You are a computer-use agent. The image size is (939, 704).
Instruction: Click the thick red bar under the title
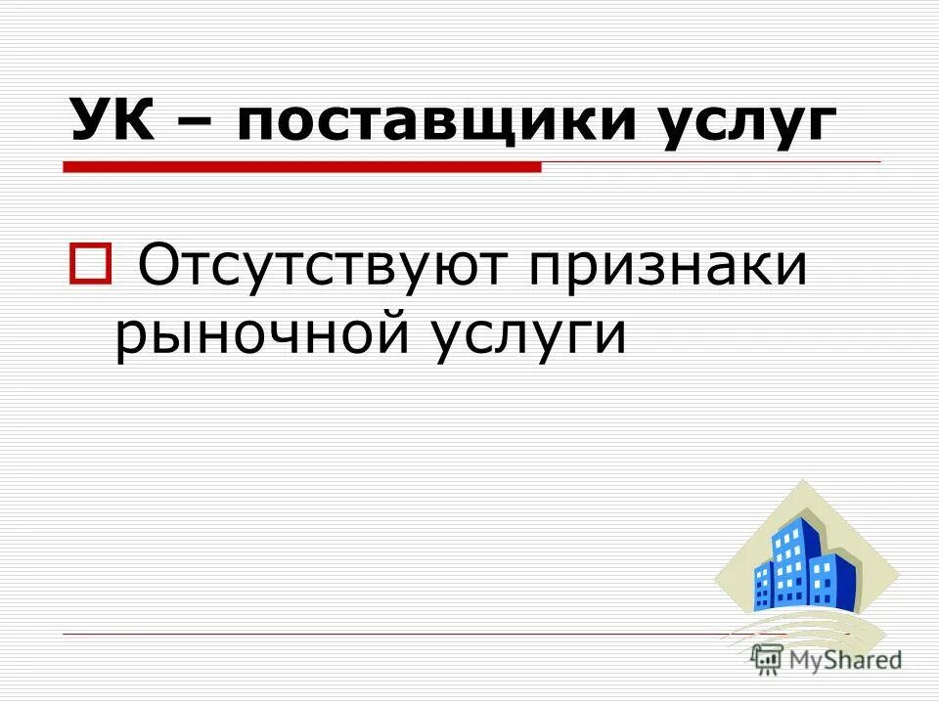click(x=302, y=167)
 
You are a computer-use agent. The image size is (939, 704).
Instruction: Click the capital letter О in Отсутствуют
click(x=158, y=266)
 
